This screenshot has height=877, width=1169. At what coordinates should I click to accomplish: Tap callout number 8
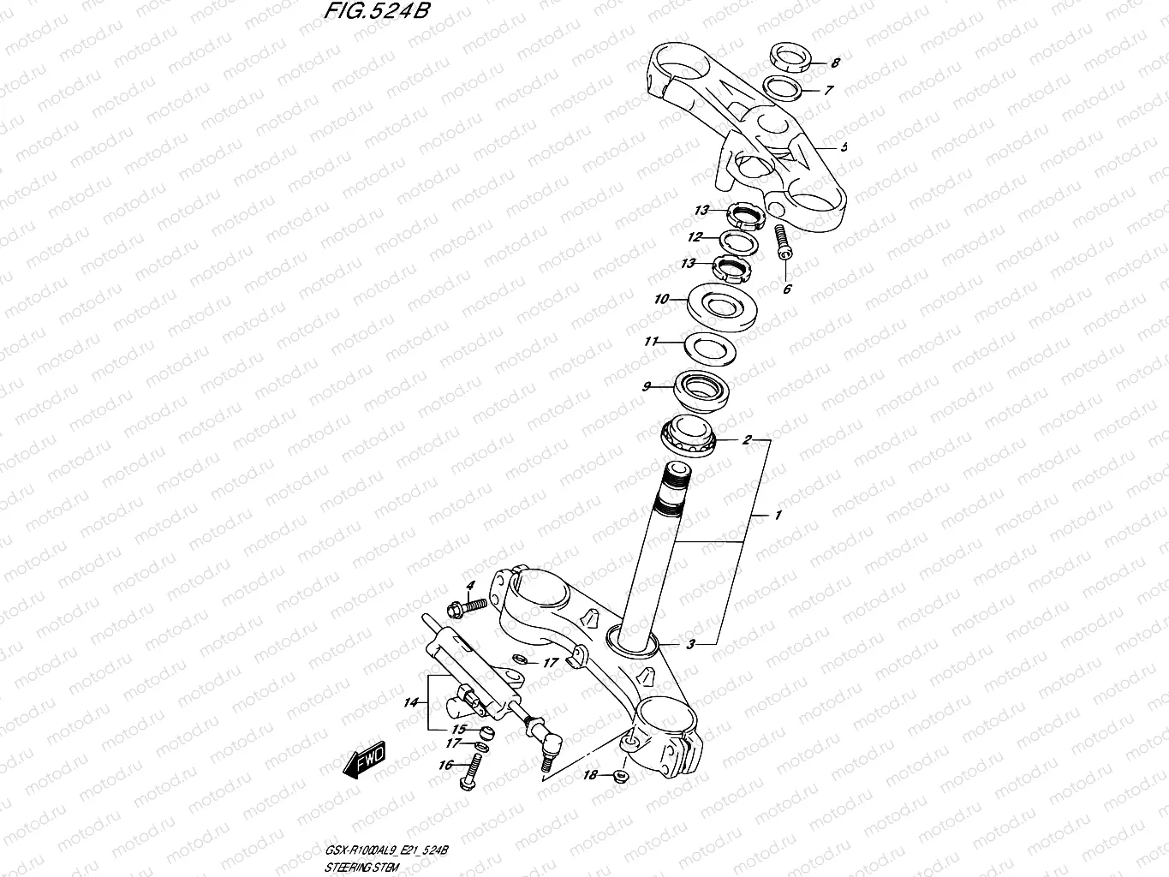(835, 63)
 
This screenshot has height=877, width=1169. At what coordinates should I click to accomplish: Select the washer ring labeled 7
(784, 87)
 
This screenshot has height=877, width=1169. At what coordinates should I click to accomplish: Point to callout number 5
(844, 147)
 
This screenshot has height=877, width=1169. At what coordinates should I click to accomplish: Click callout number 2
(746, 440)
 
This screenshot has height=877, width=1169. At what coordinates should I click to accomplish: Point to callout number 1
(778, 516)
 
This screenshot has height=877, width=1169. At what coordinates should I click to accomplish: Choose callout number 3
(690, 643)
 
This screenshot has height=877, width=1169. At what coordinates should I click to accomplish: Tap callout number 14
(412, 702)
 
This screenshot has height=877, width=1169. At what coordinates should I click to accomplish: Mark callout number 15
(459, 729)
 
